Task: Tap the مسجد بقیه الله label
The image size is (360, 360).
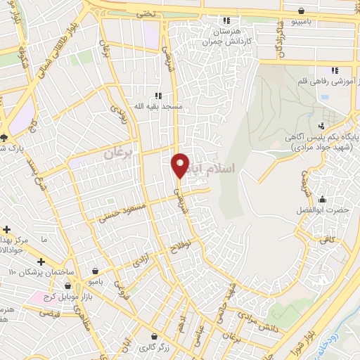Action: [x=159, y=106]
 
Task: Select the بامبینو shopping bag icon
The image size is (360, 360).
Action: [x=302, y=11]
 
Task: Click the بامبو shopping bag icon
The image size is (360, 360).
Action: [x=95, y=270]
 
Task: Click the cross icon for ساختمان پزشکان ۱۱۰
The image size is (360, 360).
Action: [x=40, y=262]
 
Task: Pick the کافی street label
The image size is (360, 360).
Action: [x=328, y=239]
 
